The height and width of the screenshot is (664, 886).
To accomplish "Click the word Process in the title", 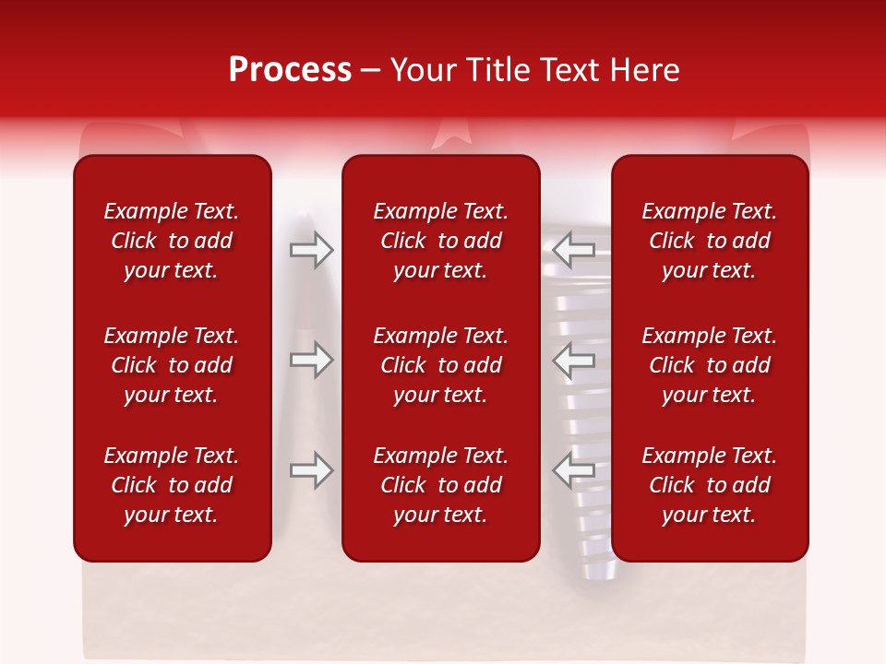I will pos(290,70).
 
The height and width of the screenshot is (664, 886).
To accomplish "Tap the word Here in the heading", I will pos(645,70).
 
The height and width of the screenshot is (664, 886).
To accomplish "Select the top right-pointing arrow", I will pos(312,250).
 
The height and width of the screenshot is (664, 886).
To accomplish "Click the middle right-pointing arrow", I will pos(312,360).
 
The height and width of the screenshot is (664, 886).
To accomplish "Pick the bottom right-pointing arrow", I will pos(312,470).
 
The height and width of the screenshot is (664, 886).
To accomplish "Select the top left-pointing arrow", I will pos(574,250).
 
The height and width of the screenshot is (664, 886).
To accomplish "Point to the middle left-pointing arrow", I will pos(574,360).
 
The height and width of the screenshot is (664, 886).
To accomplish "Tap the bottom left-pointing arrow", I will pos(574,470).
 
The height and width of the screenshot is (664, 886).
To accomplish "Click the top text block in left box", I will pos(172,241).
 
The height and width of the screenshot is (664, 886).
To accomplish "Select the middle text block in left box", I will pos(172,365).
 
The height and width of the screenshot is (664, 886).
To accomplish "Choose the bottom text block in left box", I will pos(172,485).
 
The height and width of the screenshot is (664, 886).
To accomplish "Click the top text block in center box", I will pos(440,241).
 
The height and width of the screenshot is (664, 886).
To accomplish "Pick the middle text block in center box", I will pos(440,365).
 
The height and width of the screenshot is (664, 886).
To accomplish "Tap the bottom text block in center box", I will pos(440,485).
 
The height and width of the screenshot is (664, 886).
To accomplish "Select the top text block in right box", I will pos(709,241).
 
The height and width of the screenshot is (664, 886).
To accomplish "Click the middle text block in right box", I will pos(709,365).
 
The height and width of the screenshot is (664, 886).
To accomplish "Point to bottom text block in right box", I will pos(709,485).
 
